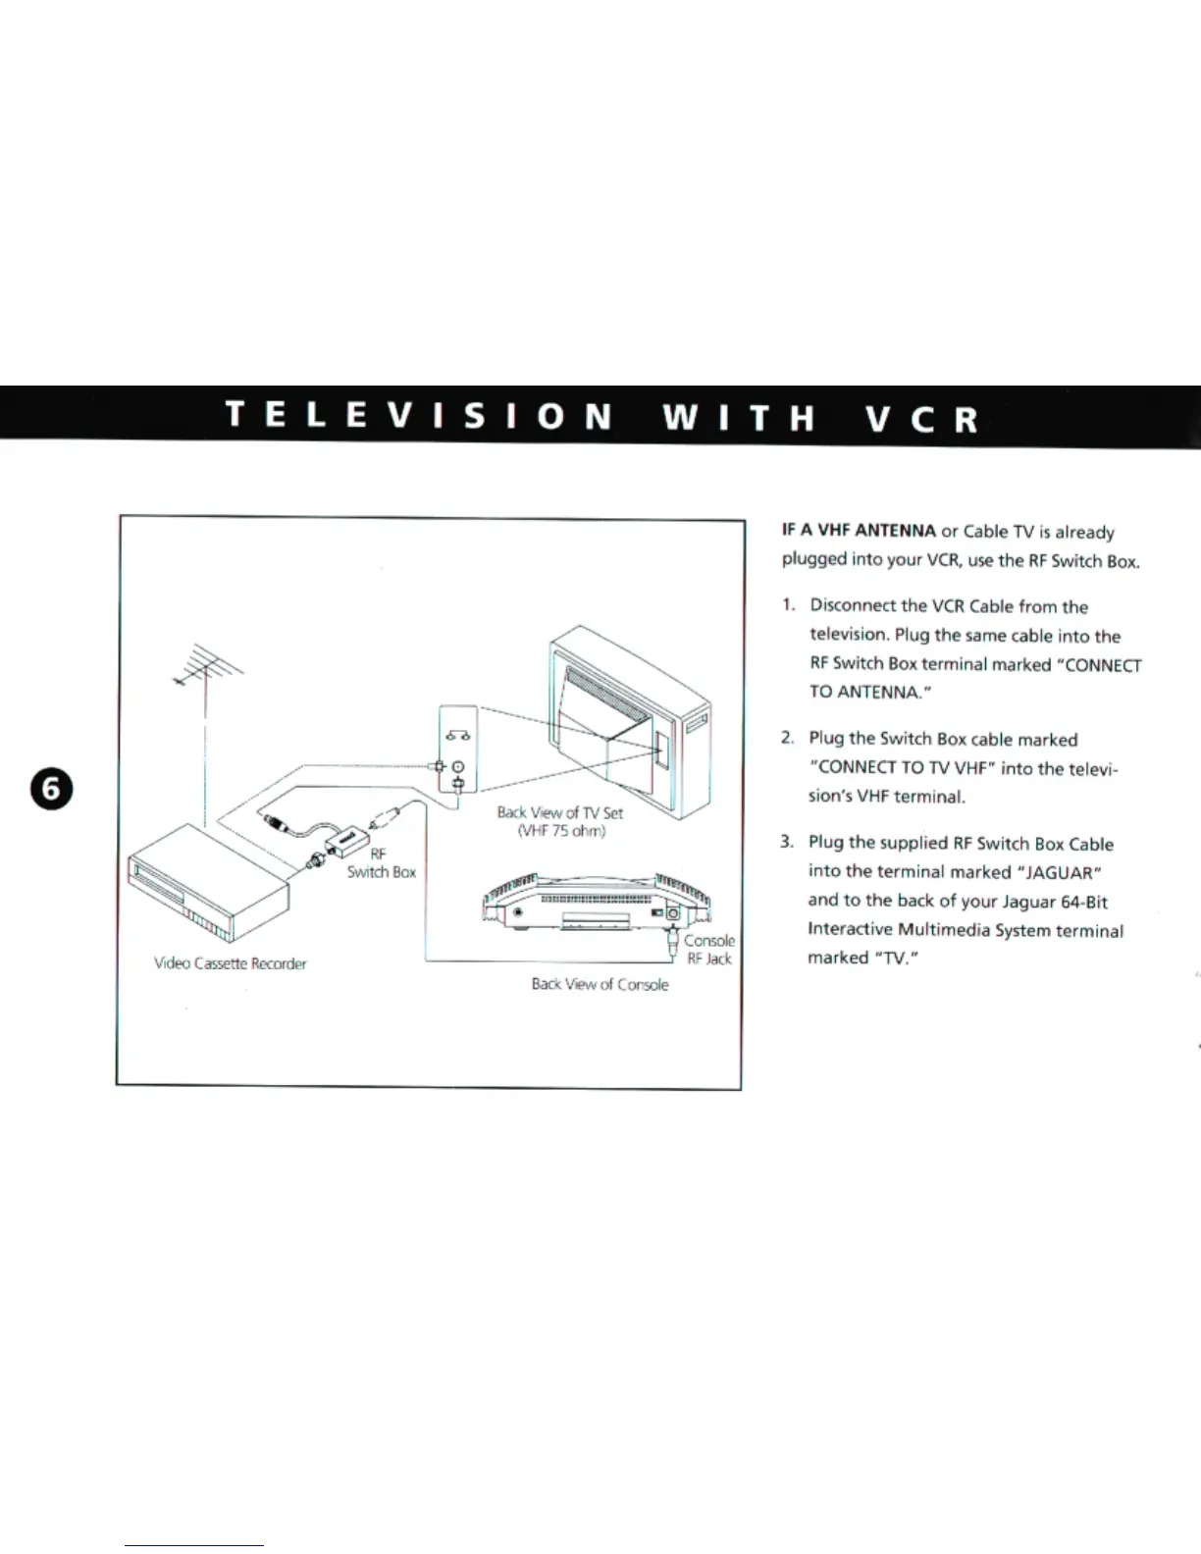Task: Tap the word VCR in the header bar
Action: click(922, 419)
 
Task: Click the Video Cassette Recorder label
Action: click(231, 963)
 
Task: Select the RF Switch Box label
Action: click(381, 863)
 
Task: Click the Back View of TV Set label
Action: click(559, 812)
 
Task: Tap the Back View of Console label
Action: click(600, 984)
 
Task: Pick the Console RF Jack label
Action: click(708, 950)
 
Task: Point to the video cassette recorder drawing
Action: click(211, 888)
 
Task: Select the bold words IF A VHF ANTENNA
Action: click(859, 531)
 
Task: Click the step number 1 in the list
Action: click(788, 605)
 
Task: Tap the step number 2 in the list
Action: click(787, 738)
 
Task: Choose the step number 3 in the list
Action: click(787, 842)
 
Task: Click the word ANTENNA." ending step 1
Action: click(883, 692)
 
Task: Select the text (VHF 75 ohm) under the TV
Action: click(561, 832)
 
